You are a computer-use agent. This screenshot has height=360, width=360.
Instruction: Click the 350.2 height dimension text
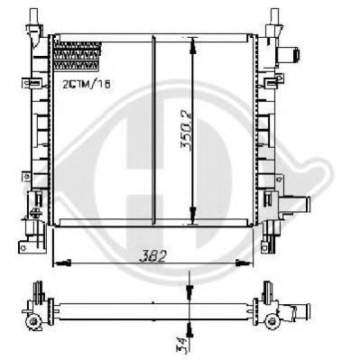(186, 130)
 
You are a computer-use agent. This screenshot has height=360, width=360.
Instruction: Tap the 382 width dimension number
(152, 256)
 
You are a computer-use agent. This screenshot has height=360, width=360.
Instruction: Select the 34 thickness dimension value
(180, 345)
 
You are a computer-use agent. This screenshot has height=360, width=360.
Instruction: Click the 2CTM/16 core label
(87, 84)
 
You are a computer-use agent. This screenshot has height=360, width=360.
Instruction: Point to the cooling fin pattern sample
(78, 57)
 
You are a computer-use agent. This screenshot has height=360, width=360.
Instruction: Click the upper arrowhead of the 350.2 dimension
(192, 45)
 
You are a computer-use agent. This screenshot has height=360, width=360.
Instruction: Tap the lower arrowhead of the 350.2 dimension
(192, 215)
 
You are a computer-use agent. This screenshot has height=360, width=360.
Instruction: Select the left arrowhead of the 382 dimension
(62, 263)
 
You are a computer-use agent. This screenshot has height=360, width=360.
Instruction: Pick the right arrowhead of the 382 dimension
(243, 263)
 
